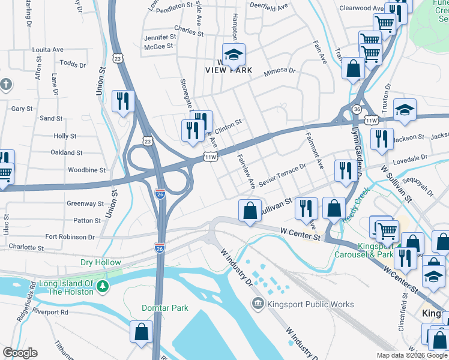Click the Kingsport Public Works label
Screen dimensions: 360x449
tap(310, 304)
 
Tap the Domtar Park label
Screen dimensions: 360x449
tap(165, 308)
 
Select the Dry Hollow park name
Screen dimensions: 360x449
tap(101, 262)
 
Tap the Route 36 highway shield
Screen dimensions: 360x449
tap(357, 109)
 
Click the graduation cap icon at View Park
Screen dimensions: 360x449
tap(234, 55)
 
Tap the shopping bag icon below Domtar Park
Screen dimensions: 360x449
tap(141, 331)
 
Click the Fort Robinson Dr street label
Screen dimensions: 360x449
tap(70, 237)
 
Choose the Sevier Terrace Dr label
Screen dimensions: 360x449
tap(282, 173)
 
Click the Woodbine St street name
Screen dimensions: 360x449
tap(86, 170)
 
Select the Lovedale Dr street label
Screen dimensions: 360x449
tap(410, 158)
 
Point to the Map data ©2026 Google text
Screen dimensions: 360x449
tap(411, 355)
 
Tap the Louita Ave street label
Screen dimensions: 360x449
tap(48, 50)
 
